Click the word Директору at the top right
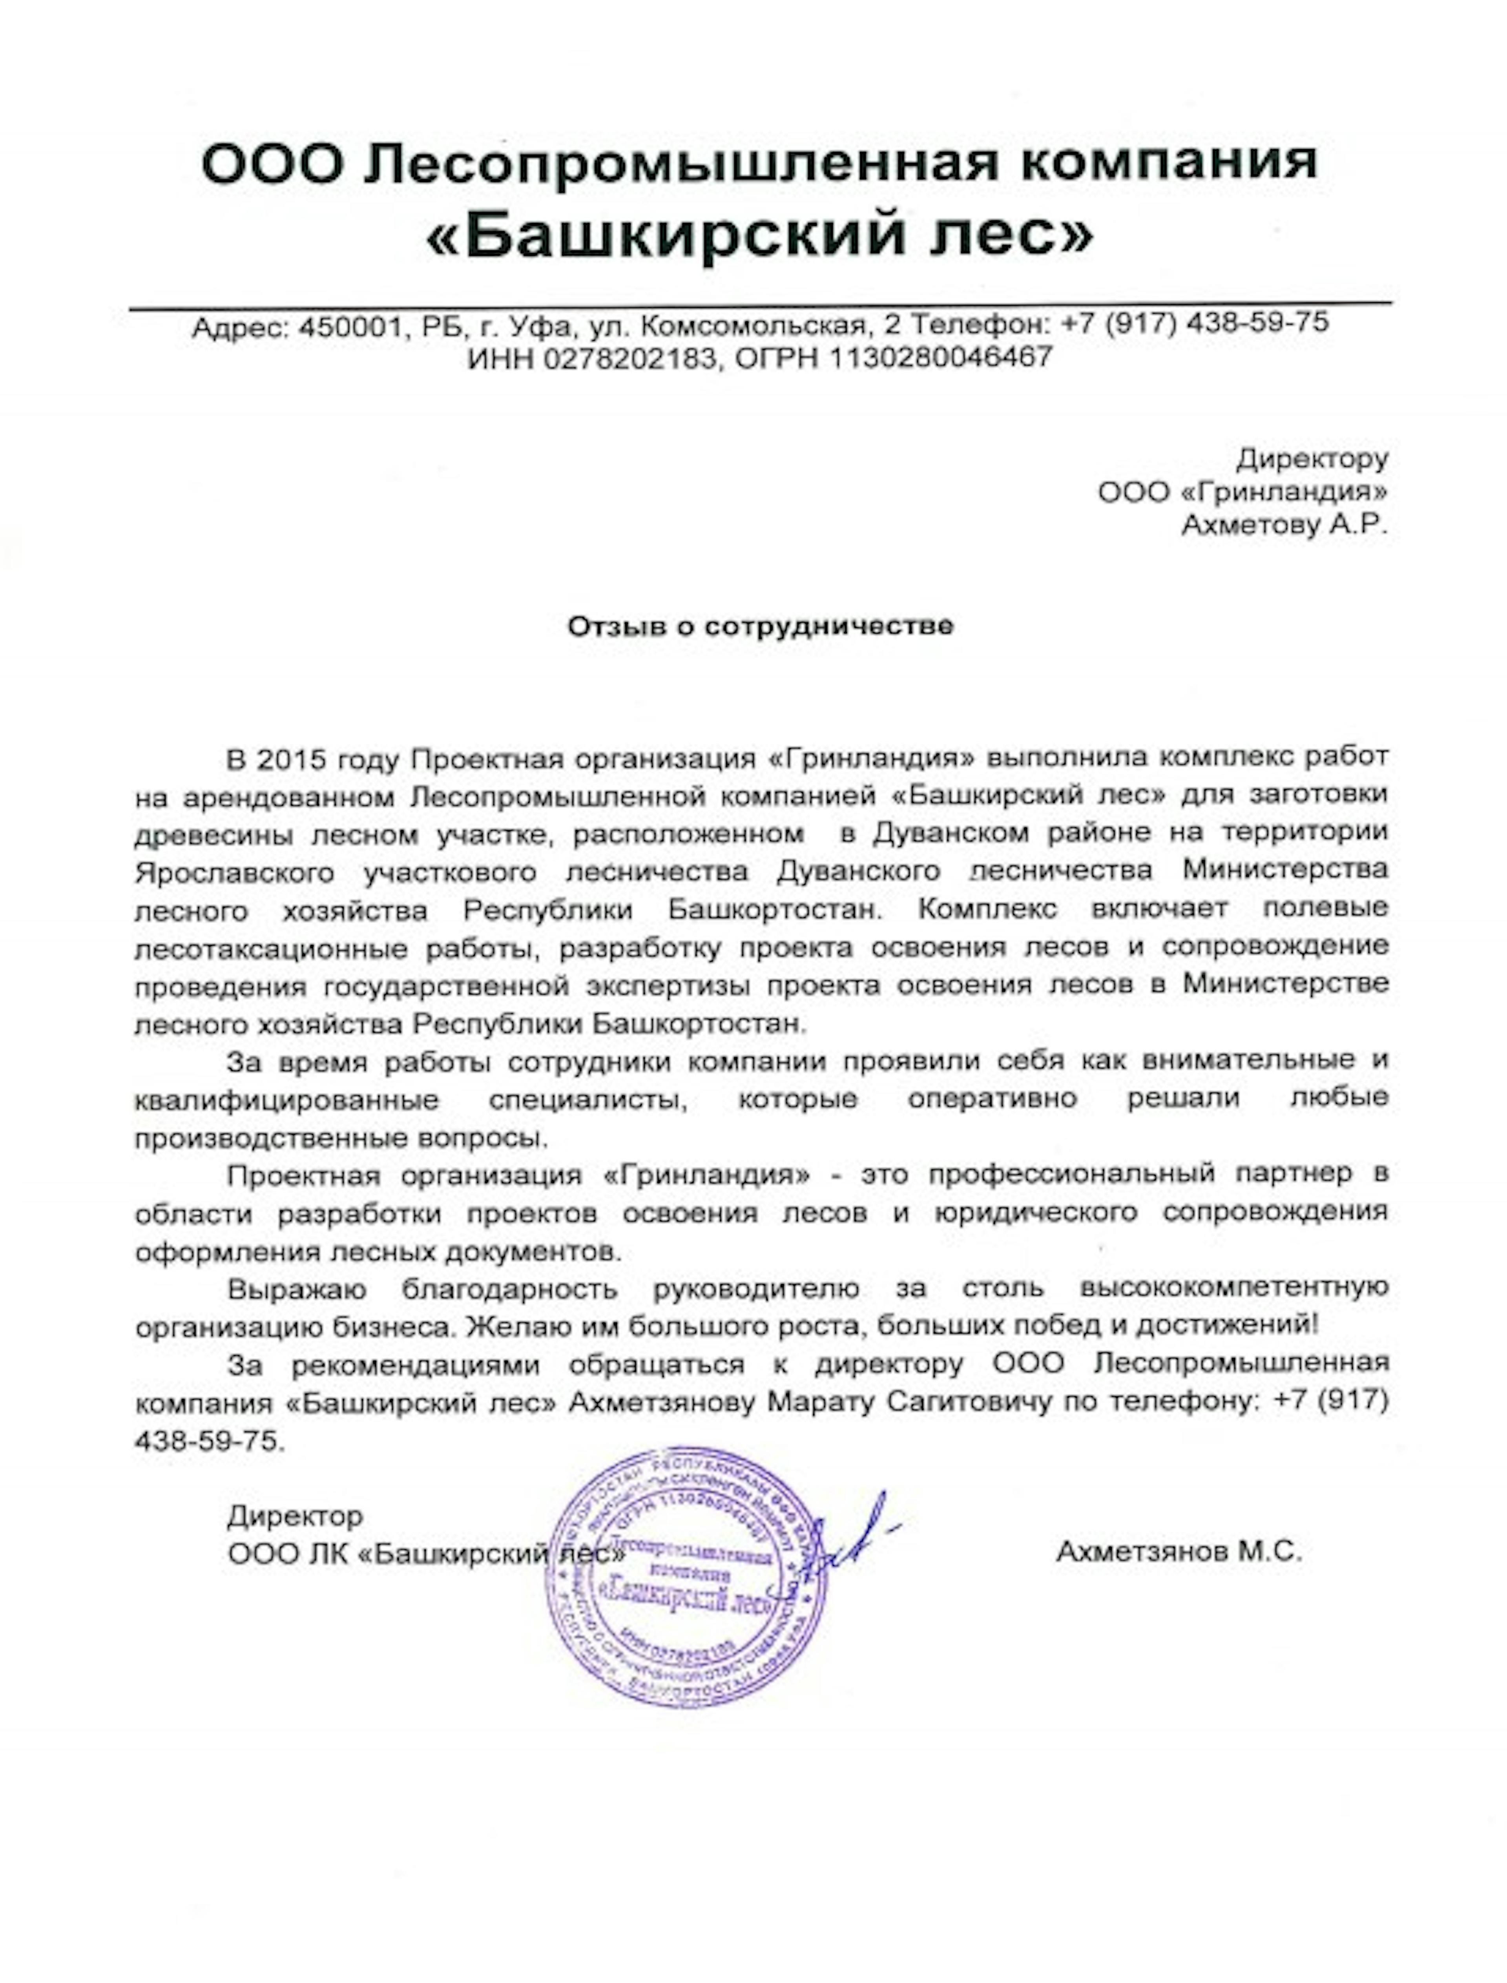(x=1312, y=459)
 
